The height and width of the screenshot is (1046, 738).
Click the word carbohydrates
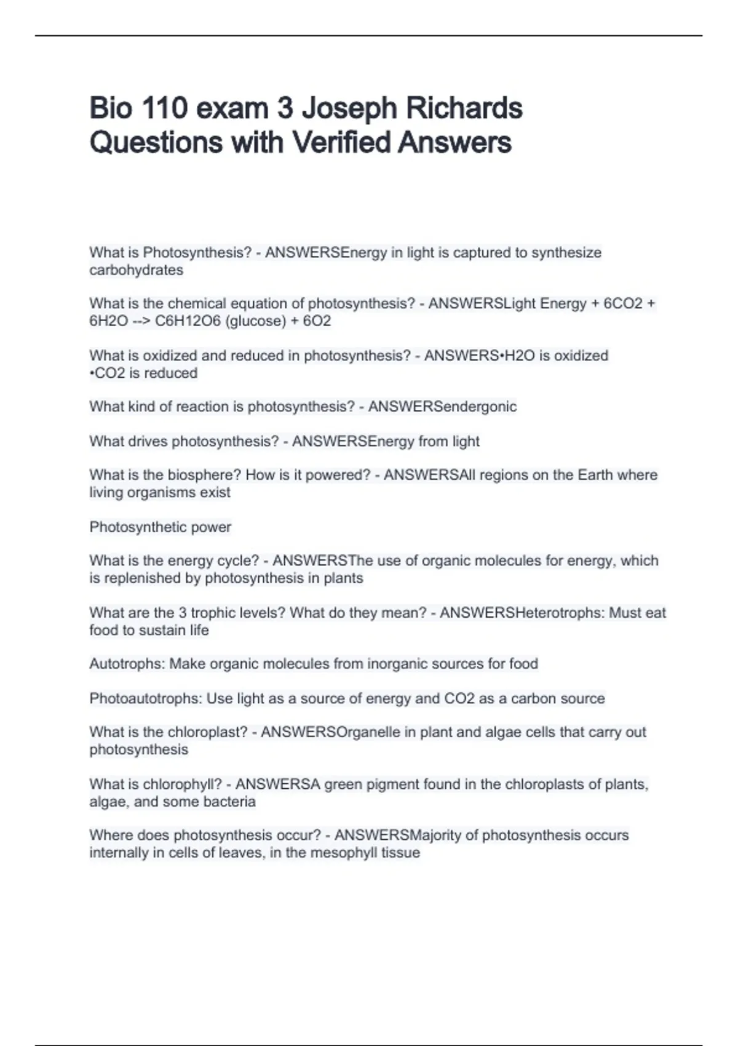click(136, 270)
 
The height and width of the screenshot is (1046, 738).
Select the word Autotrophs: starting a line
click(127, 664)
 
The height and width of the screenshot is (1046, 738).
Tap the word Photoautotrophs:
click(146, 699)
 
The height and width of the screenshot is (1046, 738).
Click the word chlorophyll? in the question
click(182, 784)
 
